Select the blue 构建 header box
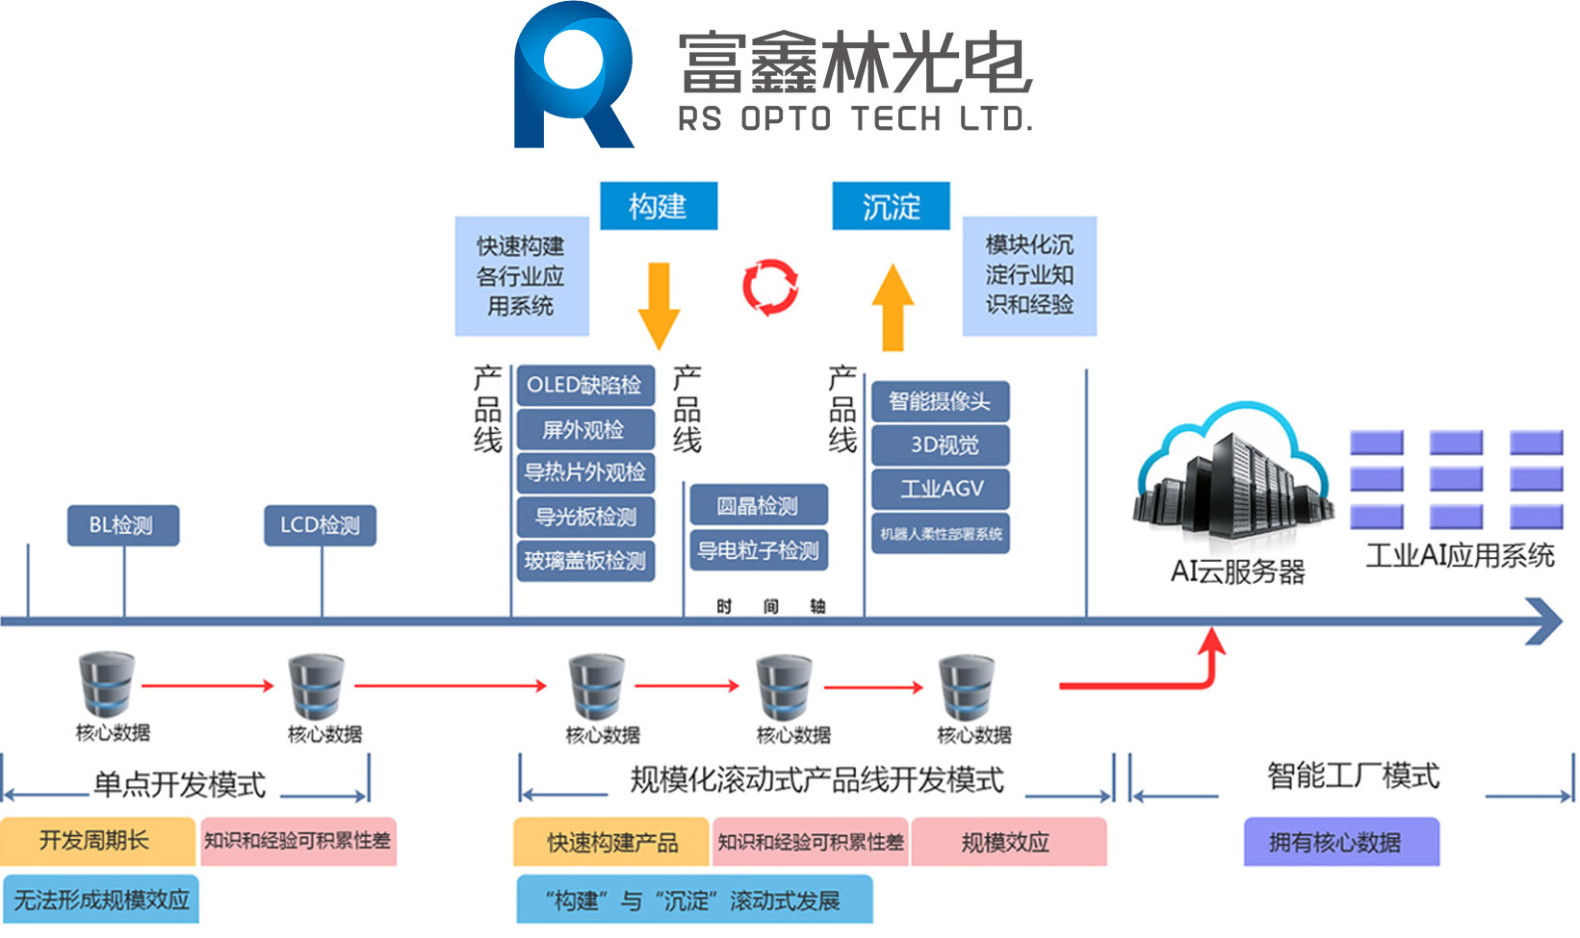pyautogui.click(x=659, y=206)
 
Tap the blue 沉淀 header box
pyautogui.click(x=891, y=206)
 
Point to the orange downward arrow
pyautogui.click(x=659, y=307)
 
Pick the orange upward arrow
pyautogui.click(x=893, y=307)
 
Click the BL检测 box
pyautogui.click(x=123, y=525)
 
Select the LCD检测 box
pyautogui.click(x=321, y=525)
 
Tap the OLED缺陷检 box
pyautogui.click(x=585, y=385)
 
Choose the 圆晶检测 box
pyautogui.click(x=759, y=504)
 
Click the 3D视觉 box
pyautogui.click(x=941, y=444)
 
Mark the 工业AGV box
pyautogui.click(x=941, y=489)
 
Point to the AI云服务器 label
pyautogui.click(x=1238, y=571)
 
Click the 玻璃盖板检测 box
pyautogui.click(x=585, y=561)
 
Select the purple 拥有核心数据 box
pyautogui.click(x=1341, y=842)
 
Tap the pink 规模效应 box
pyautogui.click(x=1009, y=842)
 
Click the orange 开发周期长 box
pyautogui.click(x=97, y=841)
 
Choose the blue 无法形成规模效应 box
pyautogui.click(x=101, y=900)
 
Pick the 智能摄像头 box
pyautogui.click(x=941, y=401)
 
